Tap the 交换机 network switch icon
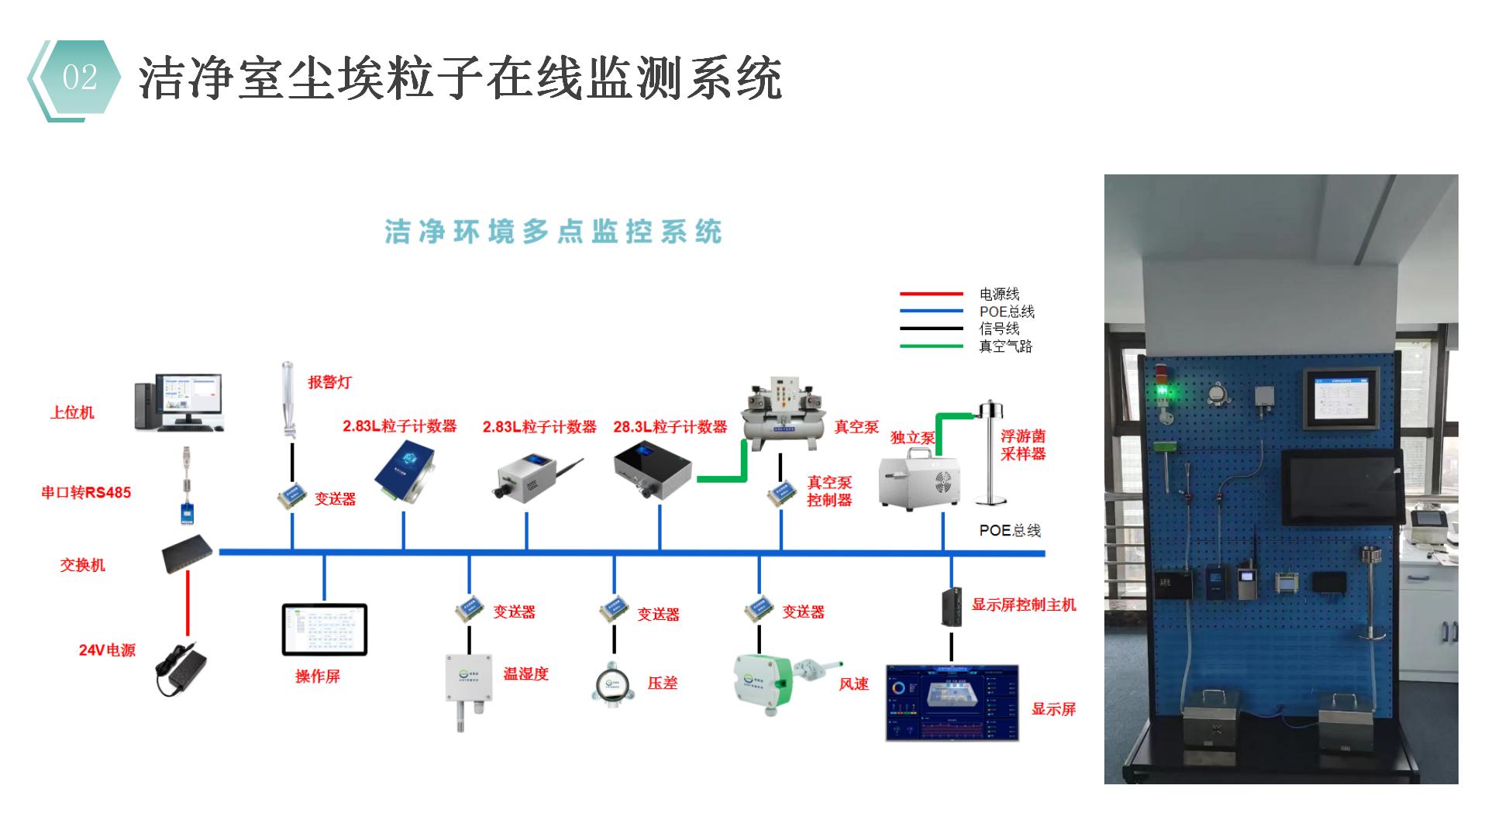click(x=188, y=553)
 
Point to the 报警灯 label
click(x=329, y=382)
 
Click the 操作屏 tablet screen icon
click(x=324, y=629)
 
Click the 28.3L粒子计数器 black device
click(x=652, y=472)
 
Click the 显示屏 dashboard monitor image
click(x=952, y=702)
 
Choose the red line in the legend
click(x=931, y=294)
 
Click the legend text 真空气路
click(x=1005, y=346)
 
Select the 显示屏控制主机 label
click(x=1024, y=604)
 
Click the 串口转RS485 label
click(x=86, y=492)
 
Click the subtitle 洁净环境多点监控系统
click(x=553, y=232)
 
